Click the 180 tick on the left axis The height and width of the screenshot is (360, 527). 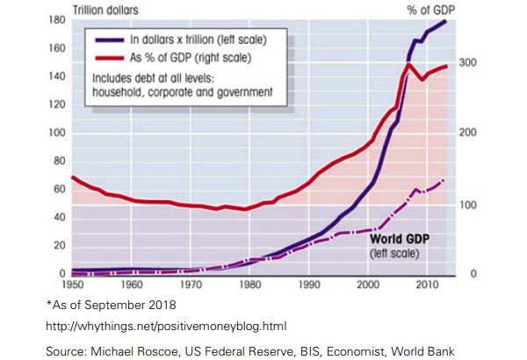click(x=57, y=19)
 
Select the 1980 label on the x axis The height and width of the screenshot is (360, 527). click(x=249, y=285)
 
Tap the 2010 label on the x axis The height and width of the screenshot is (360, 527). click(x=427, y=285)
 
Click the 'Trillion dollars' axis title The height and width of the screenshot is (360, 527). click(x=105, y=8)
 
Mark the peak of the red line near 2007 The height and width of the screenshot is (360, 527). click(x=408, y=64)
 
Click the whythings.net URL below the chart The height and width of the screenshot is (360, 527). click(x=166, y=326)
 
